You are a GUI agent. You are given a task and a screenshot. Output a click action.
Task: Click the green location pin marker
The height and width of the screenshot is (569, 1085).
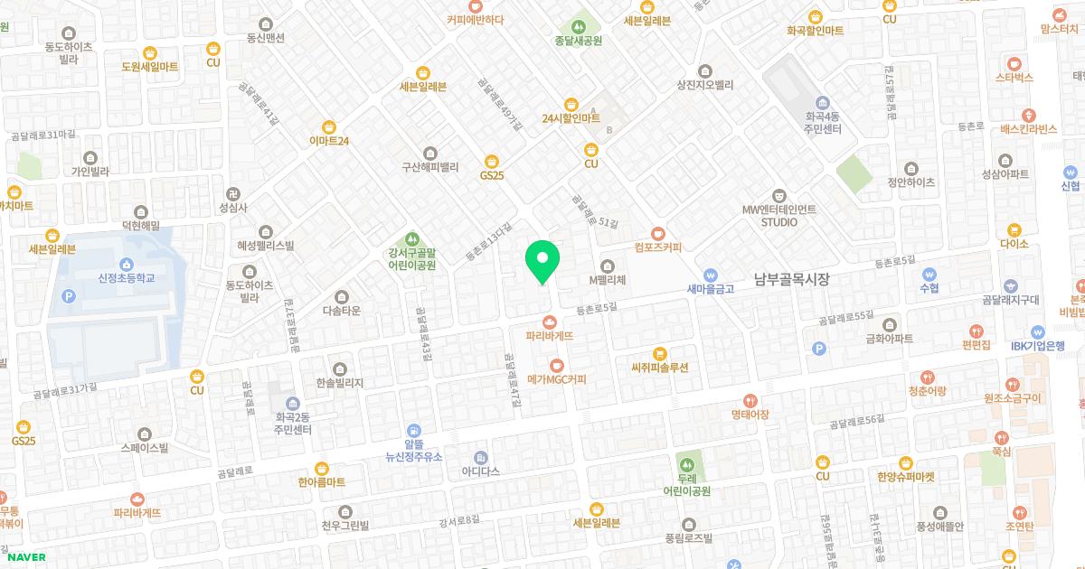(542, 261)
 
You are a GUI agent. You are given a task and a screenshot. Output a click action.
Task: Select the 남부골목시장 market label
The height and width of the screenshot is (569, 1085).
(792, 280)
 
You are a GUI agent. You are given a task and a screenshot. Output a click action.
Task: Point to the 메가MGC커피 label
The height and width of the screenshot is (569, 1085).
(556, 379)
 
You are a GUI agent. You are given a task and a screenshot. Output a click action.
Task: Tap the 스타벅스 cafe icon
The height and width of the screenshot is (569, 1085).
(1014, 64)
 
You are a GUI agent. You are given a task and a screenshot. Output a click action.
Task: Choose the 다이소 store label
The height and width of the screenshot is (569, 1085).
(1014, 244)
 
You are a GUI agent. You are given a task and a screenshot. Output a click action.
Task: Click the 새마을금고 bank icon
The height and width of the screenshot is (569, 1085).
(712, 275)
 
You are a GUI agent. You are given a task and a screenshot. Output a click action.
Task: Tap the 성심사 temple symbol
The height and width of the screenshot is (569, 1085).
(233, 193)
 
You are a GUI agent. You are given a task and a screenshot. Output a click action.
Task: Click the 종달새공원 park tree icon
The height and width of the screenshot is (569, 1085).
(579, 26)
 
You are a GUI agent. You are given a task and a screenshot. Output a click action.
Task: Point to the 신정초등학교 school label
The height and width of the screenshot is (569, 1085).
(127, 277)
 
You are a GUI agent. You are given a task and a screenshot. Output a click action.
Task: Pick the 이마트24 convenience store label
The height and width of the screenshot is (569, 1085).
(329, 141)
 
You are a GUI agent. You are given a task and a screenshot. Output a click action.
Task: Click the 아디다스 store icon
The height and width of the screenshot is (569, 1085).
(480, 457)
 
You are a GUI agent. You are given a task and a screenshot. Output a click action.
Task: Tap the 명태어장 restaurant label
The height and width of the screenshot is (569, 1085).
(750, 414)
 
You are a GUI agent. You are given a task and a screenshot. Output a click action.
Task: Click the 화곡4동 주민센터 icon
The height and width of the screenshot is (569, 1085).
(822, 102)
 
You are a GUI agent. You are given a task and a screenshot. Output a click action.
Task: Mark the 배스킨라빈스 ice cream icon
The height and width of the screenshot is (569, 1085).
(1029, 115)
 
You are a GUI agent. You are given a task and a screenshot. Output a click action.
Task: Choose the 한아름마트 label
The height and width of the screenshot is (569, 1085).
(322, 482)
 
